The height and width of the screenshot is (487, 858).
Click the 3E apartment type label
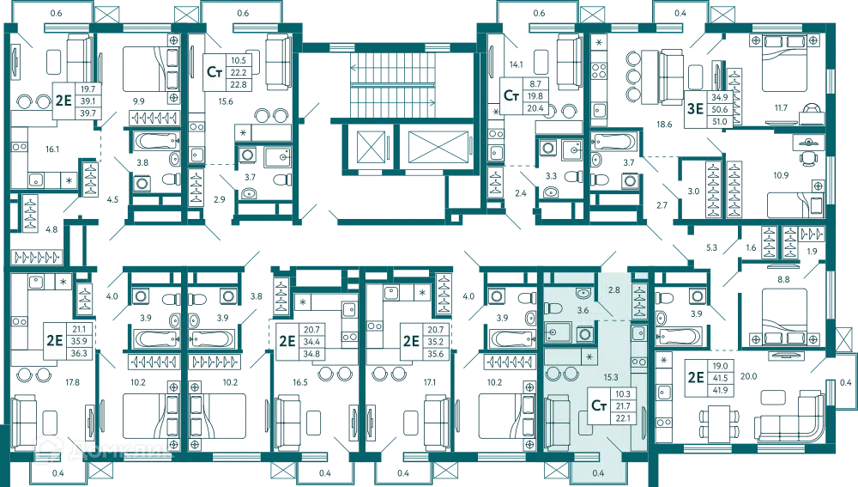[x=695, y=108]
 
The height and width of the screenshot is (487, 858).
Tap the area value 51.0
[x=720, y=122]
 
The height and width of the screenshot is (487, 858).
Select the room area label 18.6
[x=664, y=125]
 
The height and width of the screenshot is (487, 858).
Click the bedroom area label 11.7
[x=781, y=108]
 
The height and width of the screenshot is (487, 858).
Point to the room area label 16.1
[x=52, y=149]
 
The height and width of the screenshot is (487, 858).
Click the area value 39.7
[x=88, y=113]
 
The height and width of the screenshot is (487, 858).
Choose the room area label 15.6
[x=226, y=101]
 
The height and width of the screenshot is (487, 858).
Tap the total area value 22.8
[x=239, y=85]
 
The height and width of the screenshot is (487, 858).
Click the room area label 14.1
[x=516, y=64]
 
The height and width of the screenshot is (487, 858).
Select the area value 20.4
[x=535, y=108]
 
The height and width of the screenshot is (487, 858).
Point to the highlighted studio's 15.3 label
[x=611, y=377]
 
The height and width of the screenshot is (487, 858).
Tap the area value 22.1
[x=623, y=418]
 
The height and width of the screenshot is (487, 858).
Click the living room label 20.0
[x=748, y=376]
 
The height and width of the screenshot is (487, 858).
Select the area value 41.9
[x=720, y=391]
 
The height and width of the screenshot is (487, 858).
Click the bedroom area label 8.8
[x=783, y=279]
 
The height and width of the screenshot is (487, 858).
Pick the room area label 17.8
[x=72, y=383]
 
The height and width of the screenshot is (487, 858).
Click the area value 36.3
[x=79, y=353]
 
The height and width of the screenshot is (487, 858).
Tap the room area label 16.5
[x=299, y=383]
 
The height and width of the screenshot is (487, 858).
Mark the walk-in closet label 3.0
[x=693, y=192]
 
